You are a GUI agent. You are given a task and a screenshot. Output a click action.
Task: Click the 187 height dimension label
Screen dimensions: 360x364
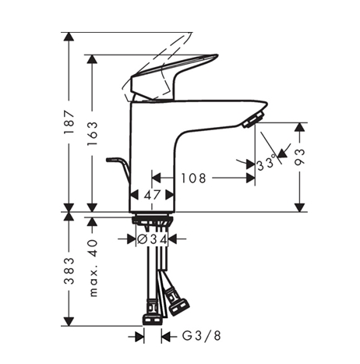[x=69, y=122]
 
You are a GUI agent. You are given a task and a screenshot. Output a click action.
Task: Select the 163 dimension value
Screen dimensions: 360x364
[x=92, y=133]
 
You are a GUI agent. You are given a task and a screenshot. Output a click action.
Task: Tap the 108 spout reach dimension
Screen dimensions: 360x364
[x=193, y=178]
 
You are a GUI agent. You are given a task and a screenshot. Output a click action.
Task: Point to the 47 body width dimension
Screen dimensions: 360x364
[x=153, y=195]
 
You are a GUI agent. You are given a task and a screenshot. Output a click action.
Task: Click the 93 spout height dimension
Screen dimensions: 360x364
[x=299, y=157]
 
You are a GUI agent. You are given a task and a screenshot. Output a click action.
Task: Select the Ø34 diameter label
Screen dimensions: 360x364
[x=152, y=239]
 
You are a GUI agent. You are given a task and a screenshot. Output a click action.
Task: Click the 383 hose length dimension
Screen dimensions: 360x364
[x=69, y=271]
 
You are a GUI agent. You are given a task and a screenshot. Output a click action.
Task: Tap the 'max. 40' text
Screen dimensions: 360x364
[x=94, y=268]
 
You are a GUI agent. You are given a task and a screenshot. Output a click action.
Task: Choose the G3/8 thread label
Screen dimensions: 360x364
[x=201, y=336]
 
